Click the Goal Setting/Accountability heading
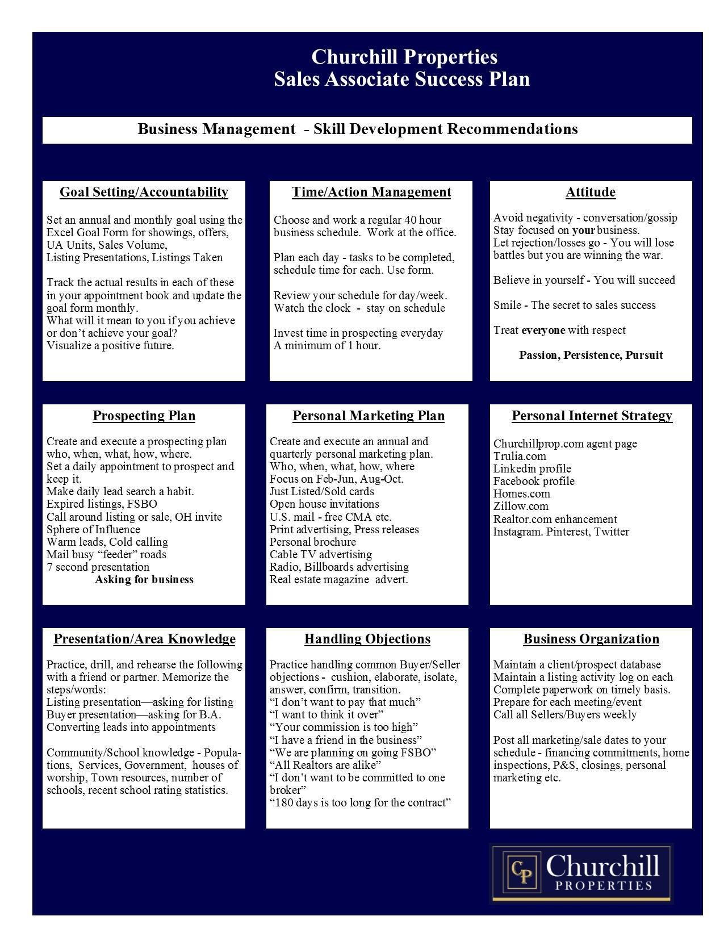[144, 192]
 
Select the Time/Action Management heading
[371, 192]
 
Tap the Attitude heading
[591, 192]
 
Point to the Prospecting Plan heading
[144, 416]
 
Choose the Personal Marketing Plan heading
[369, 416]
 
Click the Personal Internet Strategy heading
[592, 416]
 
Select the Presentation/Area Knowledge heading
[144, 639]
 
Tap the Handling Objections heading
[367, 639]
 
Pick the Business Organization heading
[591, 639]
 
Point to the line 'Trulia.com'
[520, 456]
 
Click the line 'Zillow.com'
[521, 506]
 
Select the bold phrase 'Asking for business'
[144, 579]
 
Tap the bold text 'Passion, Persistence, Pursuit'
[591, 355]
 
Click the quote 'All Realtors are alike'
[325, 765]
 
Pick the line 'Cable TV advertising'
[321, 554]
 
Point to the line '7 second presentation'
[98, 567]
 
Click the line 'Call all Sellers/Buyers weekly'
[565, 714]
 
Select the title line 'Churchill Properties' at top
[404, 57]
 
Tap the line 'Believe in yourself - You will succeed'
[584, 280]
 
